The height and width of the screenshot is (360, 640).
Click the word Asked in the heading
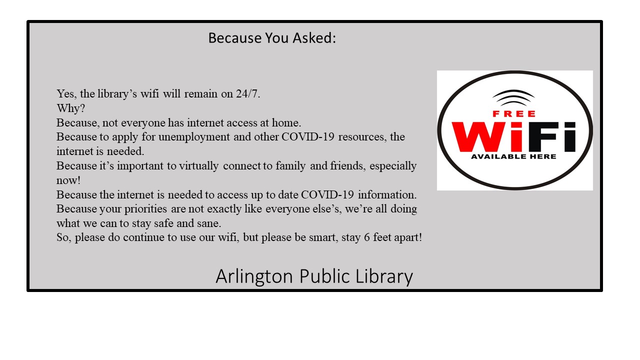coord(313,38)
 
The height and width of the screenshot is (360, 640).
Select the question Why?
coord(71,108)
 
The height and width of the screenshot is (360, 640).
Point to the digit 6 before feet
coord(367,237)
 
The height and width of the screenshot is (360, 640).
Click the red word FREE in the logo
coord(514,113)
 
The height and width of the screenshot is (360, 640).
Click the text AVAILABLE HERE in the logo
coord(513,156)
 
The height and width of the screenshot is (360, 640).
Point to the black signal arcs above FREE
coord(513,96)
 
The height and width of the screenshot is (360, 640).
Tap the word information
coord(387,194)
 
